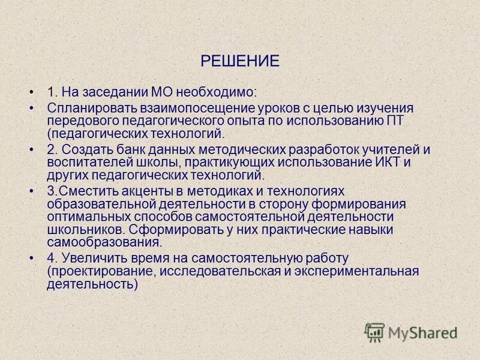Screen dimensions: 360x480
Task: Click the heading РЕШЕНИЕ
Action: coord(240,61)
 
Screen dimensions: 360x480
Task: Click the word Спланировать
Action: coord(90,108)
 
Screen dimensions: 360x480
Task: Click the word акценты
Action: coord(142,191)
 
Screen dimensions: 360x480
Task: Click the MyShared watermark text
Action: coord(422,332)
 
